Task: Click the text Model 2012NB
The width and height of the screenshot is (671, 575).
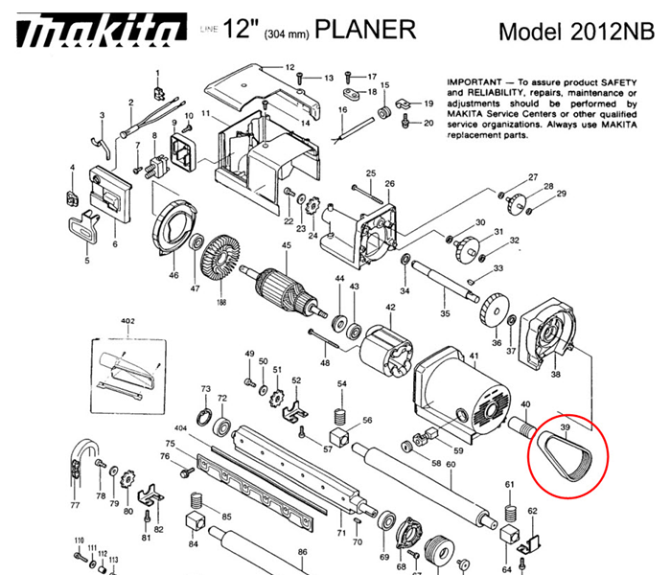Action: [571, 31]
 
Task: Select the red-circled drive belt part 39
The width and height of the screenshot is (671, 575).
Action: [571, 455]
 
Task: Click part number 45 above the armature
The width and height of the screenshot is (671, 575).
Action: [285, 246]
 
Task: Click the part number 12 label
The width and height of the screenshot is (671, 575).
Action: [289, 68]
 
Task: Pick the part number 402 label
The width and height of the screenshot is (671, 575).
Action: [127, 322]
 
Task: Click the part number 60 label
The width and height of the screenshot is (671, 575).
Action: [450, 465]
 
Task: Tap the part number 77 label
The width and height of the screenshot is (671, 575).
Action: [75, 504]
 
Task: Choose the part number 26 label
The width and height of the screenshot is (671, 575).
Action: [389, 184]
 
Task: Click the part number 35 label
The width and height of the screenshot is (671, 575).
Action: [444, 313]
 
